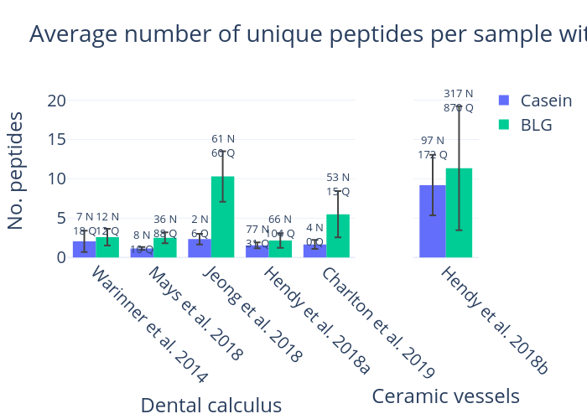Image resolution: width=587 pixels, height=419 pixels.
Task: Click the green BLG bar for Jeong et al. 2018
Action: (222, 217)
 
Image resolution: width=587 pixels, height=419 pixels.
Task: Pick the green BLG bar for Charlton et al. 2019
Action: (338, 236)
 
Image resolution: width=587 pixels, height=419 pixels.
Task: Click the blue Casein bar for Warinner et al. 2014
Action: (84, 249)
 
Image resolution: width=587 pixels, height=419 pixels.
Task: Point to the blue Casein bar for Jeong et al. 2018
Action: (200, 248)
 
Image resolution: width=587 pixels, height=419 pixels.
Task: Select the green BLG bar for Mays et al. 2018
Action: (165, 247)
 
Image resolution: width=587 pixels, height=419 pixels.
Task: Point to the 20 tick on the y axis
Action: (56, 101)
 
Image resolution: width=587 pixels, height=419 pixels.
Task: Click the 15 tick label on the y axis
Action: (56, 140)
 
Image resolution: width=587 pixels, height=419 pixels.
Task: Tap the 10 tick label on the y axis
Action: (56, 178)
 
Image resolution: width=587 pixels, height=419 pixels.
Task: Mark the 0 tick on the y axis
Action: (61, 257)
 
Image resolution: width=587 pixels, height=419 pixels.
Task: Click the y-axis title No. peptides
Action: (16, 170)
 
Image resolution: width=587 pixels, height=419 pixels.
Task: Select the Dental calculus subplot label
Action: (210, 406)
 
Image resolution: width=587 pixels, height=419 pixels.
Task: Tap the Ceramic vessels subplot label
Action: (445, 396)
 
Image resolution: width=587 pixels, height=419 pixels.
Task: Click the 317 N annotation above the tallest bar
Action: (459, 94)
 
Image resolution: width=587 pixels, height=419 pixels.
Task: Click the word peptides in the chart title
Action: (373, 34)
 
